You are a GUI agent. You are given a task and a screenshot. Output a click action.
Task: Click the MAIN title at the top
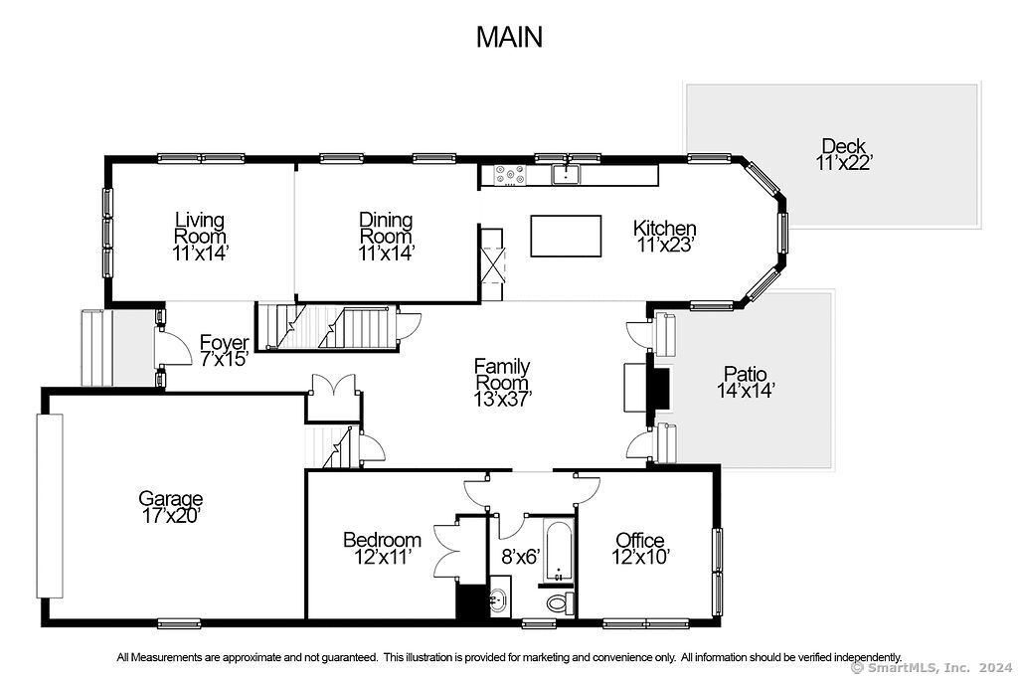[x=509, y=37]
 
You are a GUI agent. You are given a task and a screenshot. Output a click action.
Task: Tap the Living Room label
[x=200, y=228]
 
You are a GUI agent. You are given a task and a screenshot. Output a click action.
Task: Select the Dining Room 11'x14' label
[x=386, y=237]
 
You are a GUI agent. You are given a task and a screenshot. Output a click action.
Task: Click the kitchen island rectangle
[x=566, y=237]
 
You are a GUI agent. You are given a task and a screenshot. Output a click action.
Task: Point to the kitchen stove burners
[x=511, y=174]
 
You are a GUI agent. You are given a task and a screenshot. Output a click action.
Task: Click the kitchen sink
[x=567, y=174]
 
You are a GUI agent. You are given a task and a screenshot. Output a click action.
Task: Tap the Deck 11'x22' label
[x=843, y=154]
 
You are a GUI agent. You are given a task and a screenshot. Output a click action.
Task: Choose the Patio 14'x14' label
[x=746, y=382]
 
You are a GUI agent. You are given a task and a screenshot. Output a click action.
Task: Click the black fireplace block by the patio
[x=660, y=389]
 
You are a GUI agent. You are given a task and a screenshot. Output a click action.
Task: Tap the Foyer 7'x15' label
[x=224, y=351]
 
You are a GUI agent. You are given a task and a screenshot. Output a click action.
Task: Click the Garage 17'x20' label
[x=170, y=507]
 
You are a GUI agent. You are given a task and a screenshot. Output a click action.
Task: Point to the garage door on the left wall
[x=50, y=506]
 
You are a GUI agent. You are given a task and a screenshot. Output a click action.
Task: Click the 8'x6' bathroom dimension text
[x=521, y=557]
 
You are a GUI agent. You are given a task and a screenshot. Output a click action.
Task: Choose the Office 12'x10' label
[x=640, y=549]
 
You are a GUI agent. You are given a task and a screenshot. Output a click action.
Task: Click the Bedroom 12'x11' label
[x=382, y=548]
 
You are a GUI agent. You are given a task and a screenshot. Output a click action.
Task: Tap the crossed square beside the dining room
[x=492, y=264]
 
